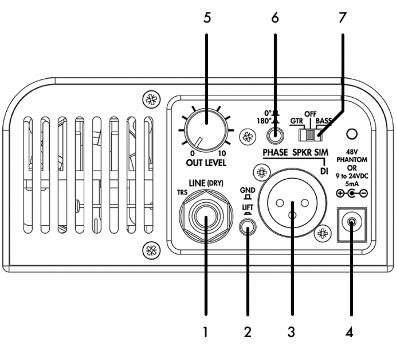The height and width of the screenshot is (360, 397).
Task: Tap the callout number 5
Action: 207,18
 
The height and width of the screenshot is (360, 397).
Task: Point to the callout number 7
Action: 342,18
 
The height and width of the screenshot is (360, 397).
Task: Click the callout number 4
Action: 349,332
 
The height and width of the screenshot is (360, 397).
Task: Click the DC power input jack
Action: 351,223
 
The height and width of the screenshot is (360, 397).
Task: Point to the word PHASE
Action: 275,153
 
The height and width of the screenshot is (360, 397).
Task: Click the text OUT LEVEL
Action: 206,162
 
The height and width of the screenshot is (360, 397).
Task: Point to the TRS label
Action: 182,192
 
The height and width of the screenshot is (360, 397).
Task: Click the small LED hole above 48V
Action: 351,134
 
